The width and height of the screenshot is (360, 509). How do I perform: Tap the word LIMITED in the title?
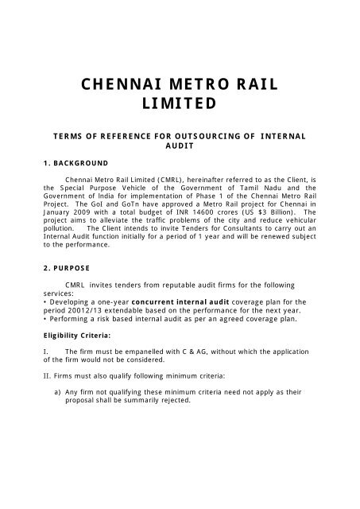tap(179, 104)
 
